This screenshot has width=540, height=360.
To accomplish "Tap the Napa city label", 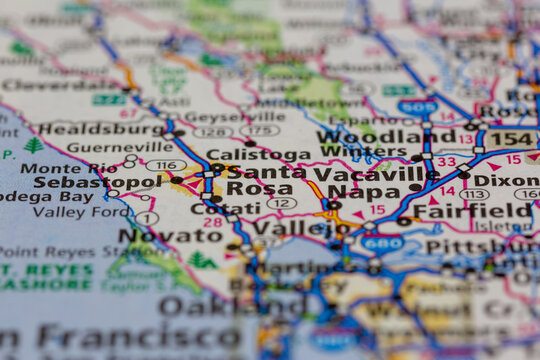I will coord(364,191).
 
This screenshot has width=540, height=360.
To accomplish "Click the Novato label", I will coord(157,235).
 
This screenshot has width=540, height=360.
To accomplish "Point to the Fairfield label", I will coord(473,211).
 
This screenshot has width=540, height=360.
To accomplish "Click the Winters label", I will coord(350,152).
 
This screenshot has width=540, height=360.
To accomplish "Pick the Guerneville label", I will coord(106,146).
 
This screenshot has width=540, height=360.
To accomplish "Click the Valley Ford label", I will coord(80,211).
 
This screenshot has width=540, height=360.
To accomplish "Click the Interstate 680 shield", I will coord(382,243).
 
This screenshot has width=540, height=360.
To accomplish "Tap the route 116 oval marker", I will coord(166,166).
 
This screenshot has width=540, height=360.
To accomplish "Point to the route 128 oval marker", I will coord(212,131).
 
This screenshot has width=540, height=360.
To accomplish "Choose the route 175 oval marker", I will coord(260,130).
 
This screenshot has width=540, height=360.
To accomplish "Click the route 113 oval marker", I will coord(474,194).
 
